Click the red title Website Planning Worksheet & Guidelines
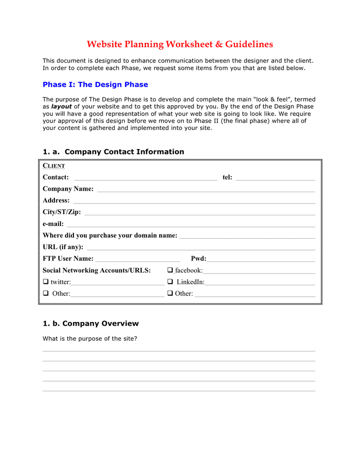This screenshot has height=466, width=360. pyautogui.click(x=179, y=45)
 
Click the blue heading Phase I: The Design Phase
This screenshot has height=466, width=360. pyautogui.click(x=95, y=84)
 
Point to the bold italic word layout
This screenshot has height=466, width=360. pyautogui.click(x=61, y=106)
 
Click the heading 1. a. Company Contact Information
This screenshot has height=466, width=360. pyautogui.click(x=113, y=152)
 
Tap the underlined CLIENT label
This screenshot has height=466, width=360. pyautogui.click(x=54, y=166)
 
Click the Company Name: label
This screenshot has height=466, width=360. pyautogui.click(x=68, y=189)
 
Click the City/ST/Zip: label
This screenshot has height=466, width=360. pyautogui.click(x=62, y=212)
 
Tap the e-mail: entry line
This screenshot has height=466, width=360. pyautogui.click(x=191, y=225)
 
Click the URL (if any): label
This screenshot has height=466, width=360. pyautogui.click(x=63, y=247)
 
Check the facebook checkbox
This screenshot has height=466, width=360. pyautogui.click(x=170, y=270)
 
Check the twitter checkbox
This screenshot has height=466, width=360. pyautogui.click(x=46, y=282)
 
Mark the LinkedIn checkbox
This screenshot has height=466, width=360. pyautogui.click(x=170, y=282)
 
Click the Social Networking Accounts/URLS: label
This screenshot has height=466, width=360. pyautogui.click(x=97, y=270)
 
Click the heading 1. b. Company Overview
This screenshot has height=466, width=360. pyautogui.click(x=91, y=324)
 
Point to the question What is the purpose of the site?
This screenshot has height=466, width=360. pyautogui.click(x=89, y=339)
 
